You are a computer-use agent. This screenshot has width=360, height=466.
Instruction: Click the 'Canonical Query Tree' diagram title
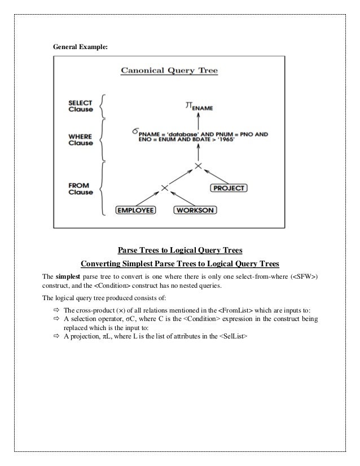(169, 71)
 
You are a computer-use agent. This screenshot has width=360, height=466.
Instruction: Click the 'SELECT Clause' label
(81, 105)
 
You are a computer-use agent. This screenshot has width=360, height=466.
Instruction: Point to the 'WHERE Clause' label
(81, 139)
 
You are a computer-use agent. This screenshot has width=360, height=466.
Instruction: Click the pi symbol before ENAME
(190, 104)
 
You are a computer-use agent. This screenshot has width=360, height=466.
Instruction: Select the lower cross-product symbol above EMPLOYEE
(164, 187)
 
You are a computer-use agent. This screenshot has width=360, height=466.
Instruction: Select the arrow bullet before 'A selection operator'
(56, 319)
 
